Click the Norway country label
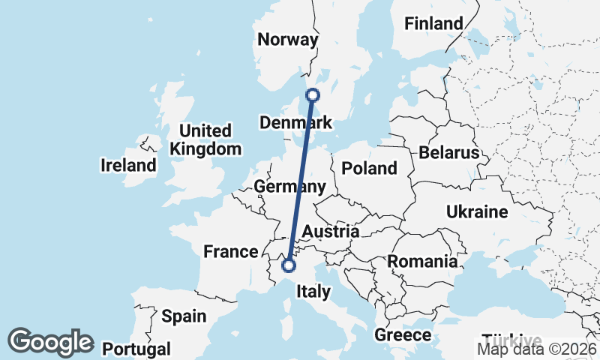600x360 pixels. tap(288, 40)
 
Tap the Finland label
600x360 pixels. tap(433, 24)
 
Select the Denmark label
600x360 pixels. tap(295, 122)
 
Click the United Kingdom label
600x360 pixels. tap(205, 139)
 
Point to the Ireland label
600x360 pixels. tap(128, 165)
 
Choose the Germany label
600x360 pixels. tap(289, 187)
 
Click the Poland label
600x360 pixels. tap(369, 168)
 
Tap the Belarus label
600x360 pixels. tap(448, 153)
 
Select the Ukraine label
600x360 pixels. tap(477, 212)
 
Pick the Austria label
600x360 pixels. tap(331, 232)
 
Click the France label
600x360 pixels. tap(230, 251)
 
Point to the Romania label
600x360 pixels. tap(422, 262)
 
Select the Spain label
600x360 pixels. tap(184, 316)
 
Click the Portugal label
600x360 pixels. tap(136, 349)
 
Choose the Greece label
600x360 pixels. tap(403, 334)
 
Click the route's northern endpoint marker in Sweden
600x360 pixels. tap(313, 95)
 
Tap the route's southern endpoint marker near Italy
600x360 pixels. tap(288, 265)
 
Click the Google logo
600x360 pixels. tap(50, 342)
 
